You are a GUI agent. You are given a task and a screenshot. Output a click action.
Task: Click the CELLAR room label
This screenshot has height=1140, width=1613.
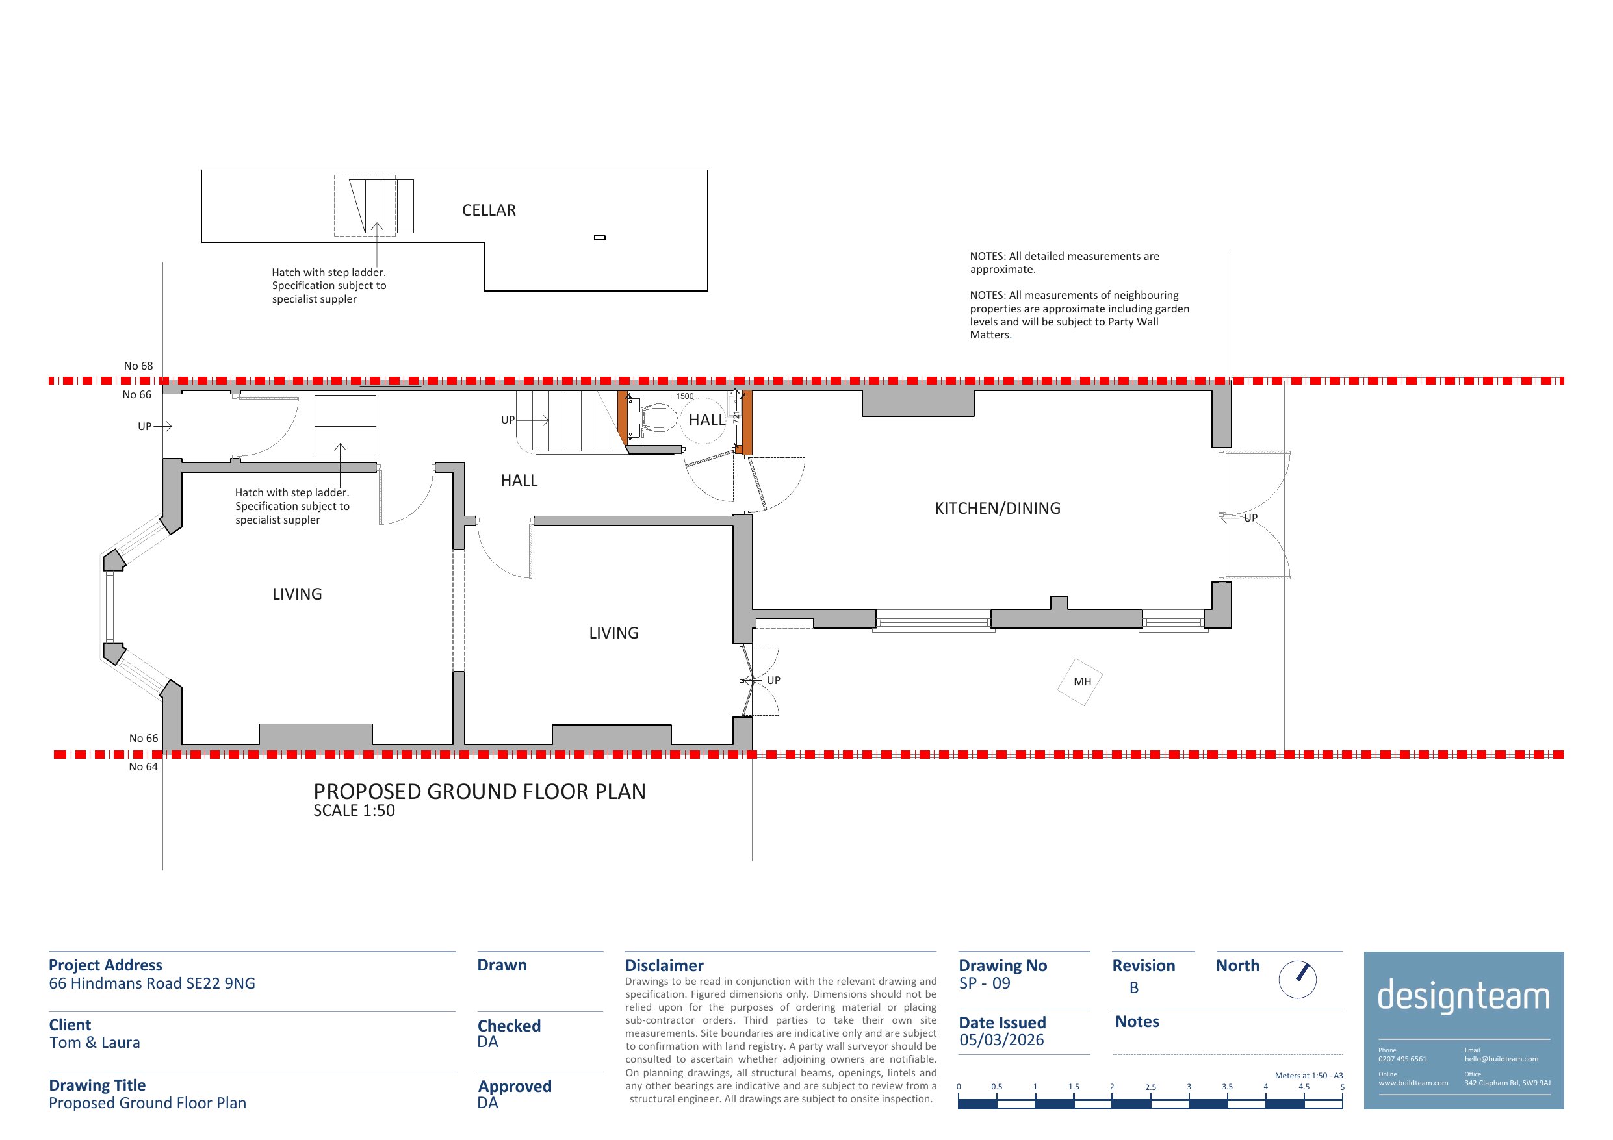coord(489,210)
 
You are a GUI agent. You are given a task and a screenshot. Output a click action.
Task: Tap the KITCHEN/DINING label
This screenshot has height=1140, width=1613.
coord(998,508)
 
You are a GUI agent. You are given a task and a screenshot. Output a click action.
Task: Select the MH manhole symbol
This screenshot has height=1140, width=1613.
coord(1080,681)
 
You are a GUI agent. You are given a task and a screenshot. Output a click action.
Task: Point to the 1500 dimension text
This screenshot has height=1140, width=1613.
coord(685,396)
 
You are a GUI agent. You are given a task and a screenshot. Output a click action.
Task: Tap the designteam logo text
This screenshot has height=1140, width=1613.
coord(1464,996)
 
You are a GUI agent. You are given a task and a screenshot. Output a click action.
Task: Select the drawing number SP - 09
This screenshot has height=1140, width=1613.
coord(985,983)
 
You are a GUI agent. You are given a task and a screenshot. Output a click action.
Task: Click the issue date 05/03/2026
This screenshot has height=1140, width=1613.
coord(1002,1039)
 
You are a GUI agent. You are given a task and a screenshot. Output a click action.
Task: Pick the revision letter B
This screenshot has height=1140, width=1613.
coord(1134,987)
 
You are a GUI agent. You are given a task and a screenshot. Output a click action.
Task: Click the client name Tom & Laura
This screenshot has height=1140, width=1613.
coord(95,1043)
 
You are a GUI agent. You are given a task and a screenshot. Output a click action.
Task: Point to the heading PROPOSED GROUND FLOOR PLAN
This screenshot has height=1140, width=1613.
coord(480,792)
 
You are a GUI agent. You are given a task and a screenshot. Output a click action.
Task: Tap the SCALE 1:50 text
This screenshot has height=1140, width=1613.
coord(354,811)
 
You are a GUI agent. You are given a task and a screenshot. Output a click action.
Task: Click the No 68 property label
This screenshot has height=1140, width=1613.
coord(138,366)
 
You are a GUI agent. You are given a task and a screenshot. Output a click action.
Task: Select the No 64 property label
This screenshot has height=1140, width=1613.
coord(144,767)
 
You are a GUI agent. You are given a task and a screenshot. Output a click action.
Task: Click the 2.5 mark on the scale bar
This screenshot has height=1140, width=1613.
coord(1150,1087)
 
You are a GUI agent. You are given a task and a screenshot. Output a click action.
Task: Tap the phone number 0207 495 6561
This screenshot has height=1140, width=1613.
coord(1402,1059)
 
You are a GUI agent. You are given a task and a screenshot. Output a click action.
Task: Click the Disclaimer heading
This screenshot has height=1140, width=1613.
coord(664,966)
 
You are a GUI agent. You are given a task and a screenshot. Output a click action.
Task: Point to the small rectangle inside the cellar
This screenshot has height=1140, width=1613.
coord(600,237)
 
